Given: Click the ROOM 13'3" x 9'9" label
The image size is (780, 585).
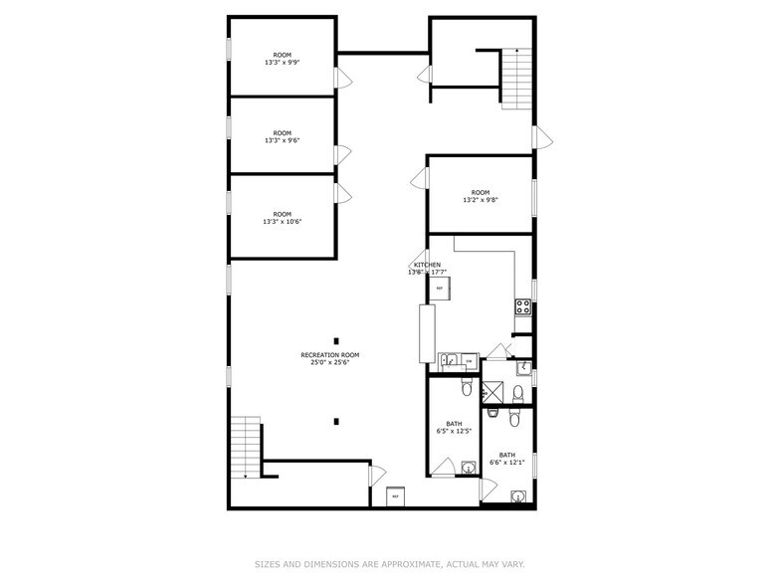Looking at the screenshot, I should (x=283, y=59).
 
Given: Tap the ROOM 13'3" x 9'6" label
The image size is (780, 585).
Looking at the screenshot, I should (x=283, y=137).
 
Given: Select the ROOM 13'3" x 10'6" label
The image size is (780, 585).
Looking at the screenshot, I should (x=283, y=218).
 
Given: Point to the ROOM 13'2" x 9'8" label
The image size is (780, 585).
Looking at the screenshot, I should (x=481, y=196).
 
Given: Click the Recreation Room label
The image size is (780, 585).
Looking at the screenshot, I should (x=330, y=358).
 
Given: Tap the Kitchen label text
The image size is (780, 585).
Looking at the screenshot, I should (x=428, y=269).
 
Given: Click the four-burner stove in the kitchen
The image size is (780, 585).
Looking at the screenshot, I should (x=522, y=307).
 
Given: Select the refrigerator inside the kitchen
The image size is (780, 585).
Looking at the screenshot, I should (x=440, y=289).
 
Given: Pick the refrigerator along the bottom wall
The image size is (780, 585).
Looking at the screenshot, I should (x=395, y=494).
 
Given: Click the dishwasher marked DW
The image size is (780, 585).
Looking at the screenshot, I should (x=469, y=360).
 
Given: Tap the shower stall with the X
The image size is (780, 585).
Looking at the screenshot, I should (x=493, y=393).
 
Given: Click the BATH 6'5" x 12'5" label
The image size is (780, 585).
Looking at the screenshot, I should (x=454, y=428).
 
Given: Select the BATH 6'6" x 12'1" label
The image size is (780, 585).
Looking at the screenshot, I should (x=507, y=459).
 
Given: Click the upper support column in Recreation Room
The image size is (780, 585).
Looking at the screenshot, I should (x=336, y=340).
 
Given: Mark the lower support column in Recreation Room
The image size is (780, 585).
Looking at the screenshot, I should (x=336, y=422).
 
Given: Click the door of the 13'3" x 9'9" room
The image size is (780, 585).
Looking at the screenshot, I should (x=341, y=79).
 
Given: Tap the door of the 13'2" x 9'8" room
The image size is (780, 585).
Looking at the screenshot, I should (x=420, y=179).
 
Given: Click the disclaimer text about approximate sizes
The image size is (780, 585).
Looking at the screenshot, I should (x=389, y=564).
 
